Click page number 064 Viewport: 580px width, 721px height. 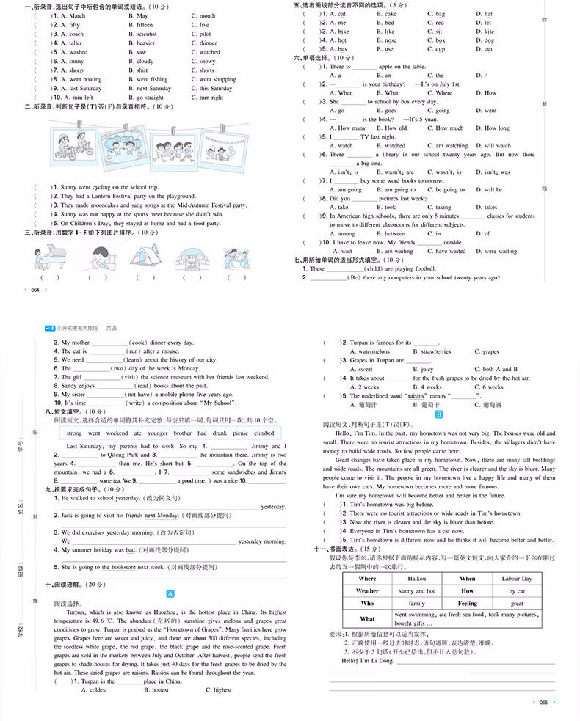click(35, 290)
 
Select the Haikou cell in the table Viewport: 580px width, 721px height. click(418, 579)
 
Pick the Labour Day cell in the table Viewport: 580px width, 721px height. click(517, 579)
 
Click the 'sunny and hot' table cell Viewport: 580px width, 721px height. click(417, 590)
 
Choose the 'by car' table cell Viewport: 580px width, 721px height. click(517, 590)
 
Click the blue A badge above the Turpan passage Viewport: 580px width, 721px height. click(170, 593)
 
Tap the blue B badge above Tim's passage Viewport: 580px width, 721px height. click(439, 414)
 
